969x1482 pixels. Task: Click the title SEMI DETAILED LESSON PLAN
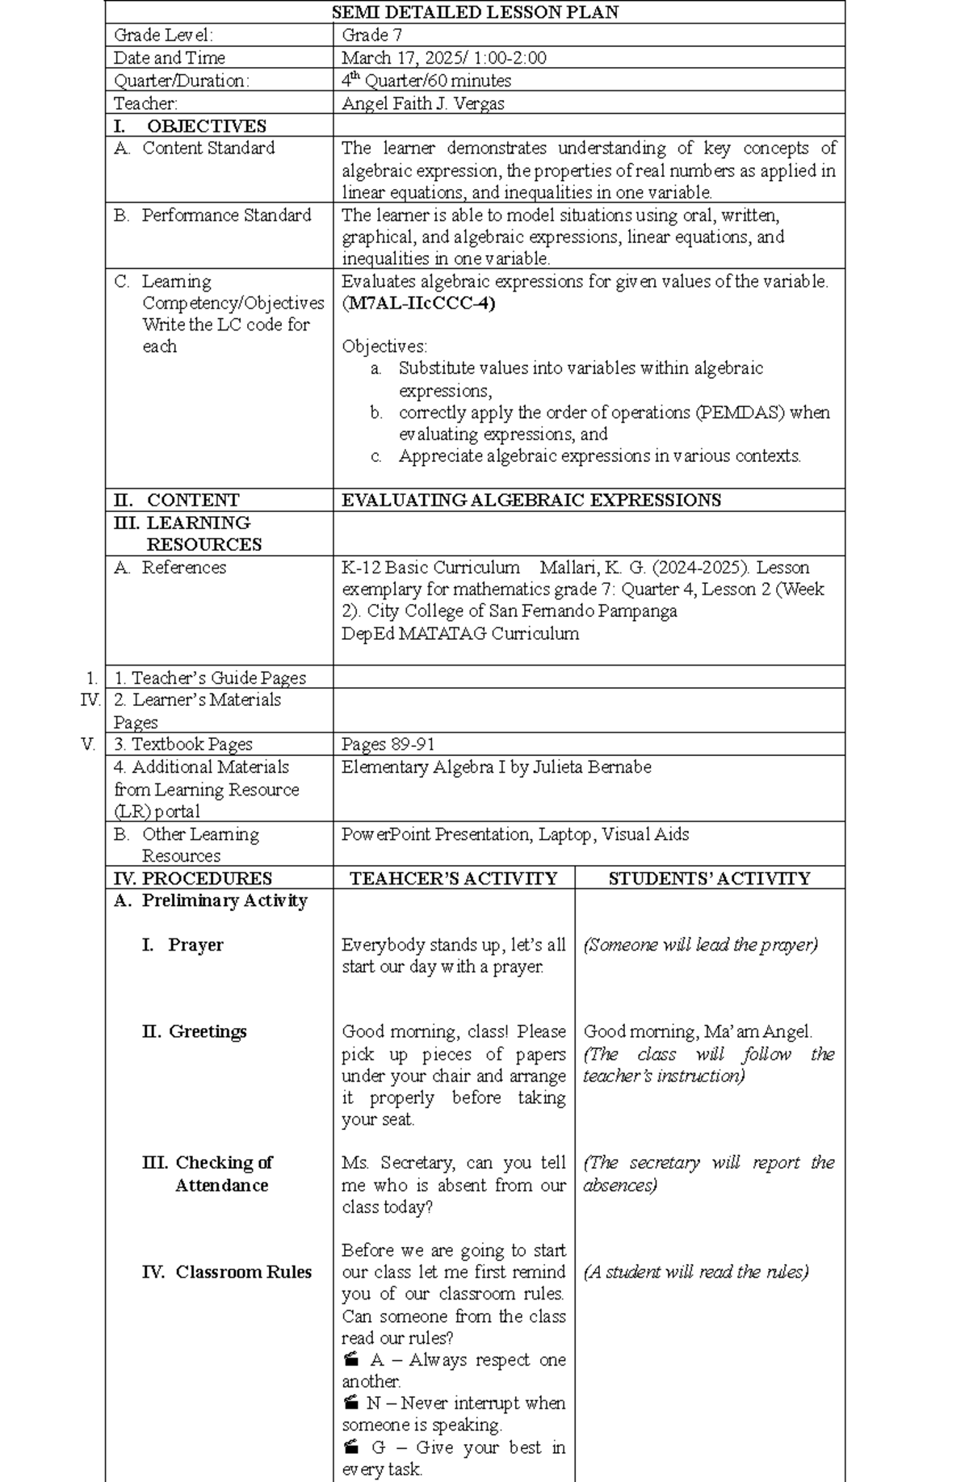coord(475,12)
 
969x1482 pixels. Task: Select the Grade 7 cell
coord(371,35)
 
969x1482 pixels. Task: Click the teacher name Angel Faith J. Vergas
coord(422,103)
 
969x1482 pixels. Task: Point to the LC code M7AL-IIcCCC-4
coord(418,304)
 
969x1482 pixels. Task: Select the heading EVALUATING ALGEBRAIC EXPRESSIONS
coord(531,500)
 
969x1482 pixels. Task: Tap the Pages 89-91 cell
coord(388,744)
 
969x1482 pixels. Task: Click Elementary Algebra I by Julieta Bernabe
coord(496,766)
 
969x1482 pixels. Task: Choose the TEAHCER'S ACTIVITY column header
coord(453,879)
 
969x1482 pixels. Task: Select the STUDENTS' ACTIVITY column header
coord(709,879)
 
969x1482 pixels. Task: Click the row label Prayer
coord(195,945)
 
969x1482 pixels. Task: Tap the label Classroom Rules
coord(243,1272)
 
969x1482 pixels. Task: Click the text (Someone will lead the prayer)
coord(700,945)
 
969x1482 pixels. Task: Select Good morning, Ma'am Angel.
coord(698,1031)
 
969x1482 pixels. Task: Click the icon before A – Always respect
coord(350,1358)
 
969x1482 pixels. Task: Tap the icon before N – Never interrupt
coord(350,1402)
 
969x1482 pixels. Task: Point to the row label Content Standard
coord(208,148)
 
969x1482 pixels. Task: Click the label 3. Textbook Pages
coord(182,744)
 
